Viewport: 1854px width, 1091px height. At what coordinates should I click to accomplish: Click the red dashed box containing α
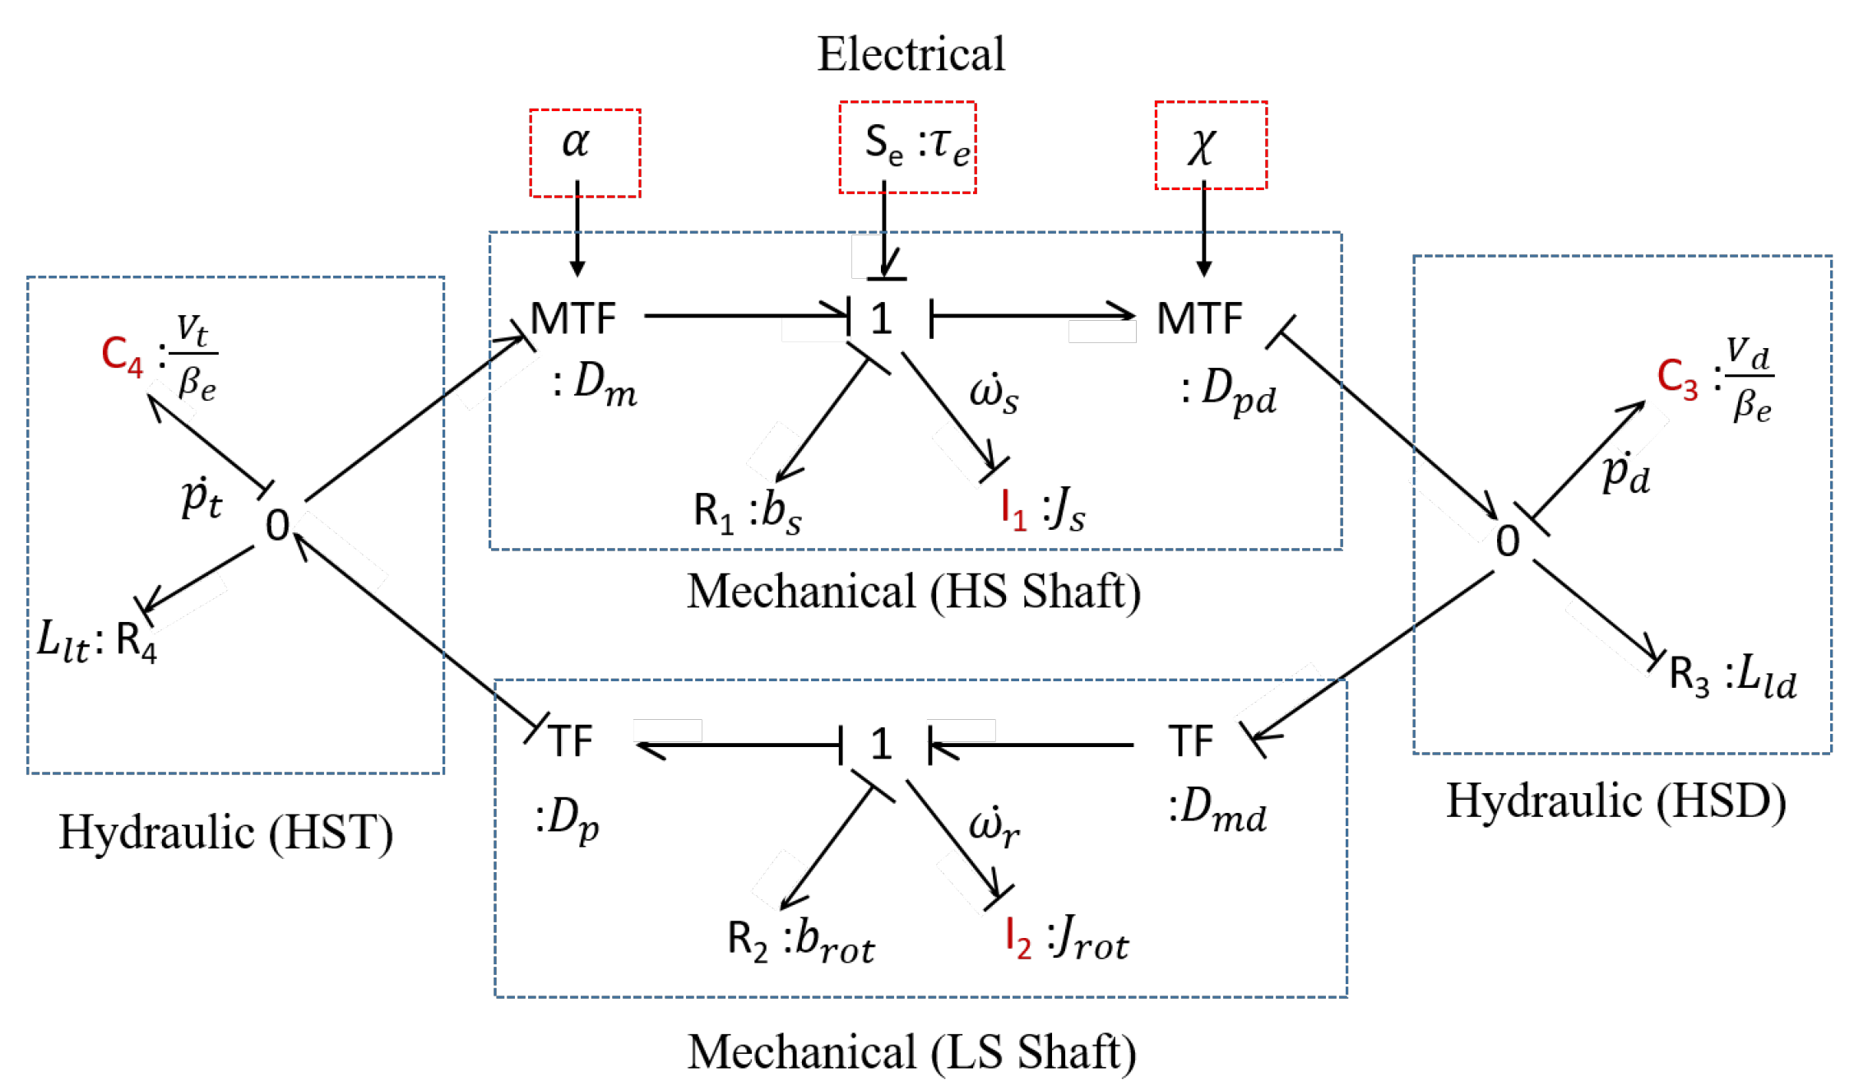(x=585, y=152)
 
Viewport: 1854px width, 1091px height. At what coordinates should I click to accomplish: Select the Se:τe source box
(x=907, y=147)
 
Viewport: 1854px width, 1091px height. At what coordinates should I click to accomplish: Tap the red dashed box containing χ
(x=1210, y=146)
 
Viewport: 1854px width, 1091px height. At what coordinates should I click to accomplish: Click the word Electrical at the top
(x=911, y=54)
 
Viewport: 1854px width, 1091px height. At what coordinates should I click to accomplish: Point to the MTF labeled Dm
(x=573, y=318)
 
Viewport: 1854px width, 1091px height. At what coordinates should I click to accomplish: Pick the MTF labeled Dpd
(x=1198, y=318)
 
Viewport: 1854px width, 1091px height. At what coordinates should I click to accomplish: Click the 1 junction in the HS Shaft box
(x=881, y=318)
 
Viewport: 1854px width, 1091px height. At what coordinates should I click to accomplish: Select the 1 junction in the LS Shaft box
(x=881, y=745)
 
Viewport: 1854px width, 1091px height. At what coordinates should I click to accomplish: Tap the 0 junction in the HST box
(x=278, y=525)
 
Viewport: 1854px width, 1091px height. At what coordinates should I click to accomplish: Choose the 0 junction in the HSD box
(x=1507, y=541)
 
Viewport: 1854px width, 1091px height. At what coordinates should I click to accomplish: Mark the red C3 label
(x=1677, y=378)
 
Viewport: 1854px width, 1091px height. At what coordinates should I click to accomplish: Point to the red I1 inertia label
(x=1013, y=510)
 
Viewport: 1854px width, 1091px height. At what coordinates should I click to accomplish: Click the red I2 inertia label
(x=1018, y=937)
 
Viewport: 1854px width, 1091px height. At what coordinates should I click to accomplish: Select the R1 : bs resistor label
(x=747, y=512)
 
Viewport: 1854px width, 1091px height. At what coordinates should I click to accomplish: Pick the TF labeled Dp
(x=570, y=741)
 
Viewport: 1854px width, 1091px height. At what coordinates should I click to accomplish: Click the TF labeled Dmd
(x=1190, y=741)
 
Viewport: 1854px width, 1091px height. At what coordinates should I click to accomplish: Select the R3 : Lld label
(x=1732, y=677)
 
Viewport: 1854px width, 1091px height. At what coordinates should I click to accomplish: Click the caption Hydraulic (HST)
(x=226, y=832)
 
